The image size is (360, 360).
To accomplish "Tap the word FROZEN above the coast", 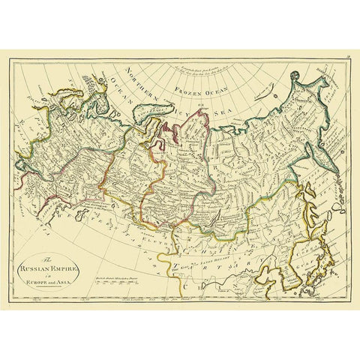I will (x=191, y=91).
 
